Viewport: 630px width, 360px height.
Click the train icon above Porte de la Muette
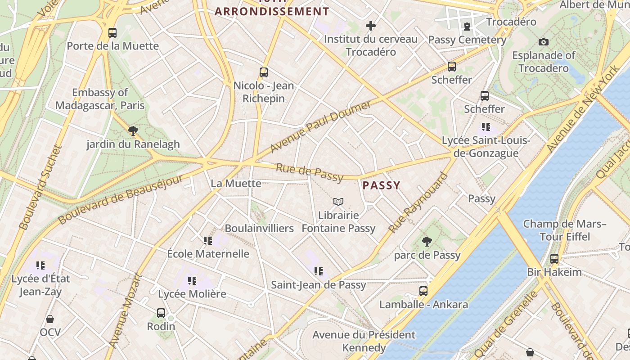pyautogui.click(x=112, y=32)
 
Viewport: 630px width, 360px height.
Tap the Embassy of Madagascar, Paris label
pyautogui.click(x=100, y=99)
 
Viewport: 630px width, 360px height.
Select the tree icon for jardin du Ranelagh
pyautogui.click(x=133, y=130)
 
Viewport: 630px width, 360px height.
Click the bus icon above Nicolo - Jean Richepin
pyautogui.click(x=264, y=72)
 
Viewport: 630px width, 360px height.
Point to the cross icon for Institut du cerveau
pyautogui.click(x=371, y=26)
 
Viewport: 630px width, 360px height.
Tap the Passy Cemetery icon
pyautogui.click(x=467, y=26)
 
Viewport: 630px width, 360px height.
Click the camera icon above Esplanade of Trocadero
pyautogui.click(x=544, y=42)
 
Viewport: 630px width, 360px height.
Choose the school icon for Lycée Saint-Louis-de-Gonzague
pyautogui.click(x=486, y=127)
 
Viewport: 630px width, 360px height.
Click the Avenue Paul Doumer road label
pyautogui.click(x=320, y=126)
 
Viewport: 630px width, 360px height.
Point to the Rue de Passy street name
pyautogui.click(x=310, y=173)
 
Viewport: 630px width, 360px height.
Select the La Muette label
pyautogui.click(x=236, y=183)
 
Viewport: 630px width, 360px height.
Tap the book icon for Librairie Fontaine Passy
pyautogui.click(x=338, y=202)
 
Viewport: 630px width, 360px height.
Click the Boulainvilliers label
pyautogui.click(x=259, y=228)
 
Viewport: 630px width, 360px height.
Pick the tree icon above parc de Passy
pyautogui.click(x=427, y=242)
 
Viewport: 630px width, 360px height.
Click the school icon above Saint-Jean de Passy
pyautogui.click(x=319, y=271)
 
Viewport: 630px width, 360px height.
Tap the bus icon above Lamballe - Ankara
pyautogui.click(x=423, y=291)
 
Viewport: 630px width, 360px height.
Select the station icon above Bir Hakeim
pyautogui.click(x=554, y=259)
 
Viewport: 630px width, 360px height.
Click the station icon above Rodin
pyautogui.click(x=161, y=313)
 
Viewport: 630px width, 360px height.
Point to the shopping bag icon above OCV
pyautogui.click(x=50, y=319)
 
